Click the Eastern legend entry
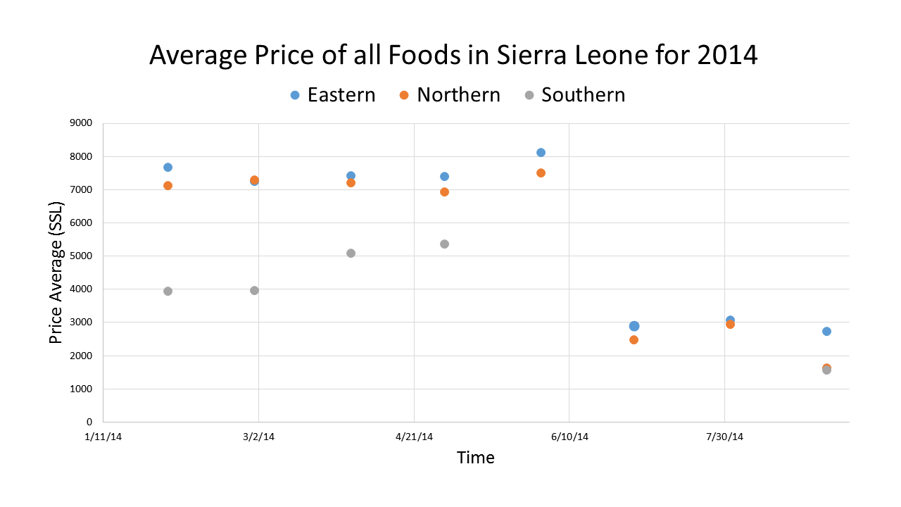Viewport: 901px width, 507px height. pyautogui.click(x=333, y=95)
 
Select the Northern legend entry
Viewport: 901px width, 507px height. pyautogui.click(x=449, y=95)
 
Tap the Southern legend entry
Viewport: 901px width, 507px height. pyautogui.click(x=574, y=95)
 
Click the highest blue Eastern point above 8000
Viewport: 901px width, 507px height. pyautogui.click(x=541, y=152)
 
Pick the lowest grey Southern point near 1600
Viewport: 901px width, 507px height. pyautogui.click(x=826, y=370)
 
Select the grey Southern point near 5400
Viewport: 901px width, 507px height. pyautogui.click(x=444, y=244)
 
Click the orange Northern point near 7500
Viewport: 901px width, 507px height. pyautogui.click(x=541, y=173)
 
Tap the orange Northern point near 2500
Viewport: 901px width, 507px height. pyautogui.click(x=634, y=339)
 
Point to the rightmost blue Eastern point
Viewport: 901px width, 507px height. pyautogui.click(x=826, y=331)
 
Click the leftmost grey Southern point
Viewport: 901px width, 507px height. pyautogui.click(x=168, y=291)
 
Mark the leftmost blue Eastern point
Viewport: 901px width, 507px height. pyautogui.click(x=168, y=167)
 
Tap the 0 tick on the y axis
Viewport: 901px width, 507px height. pyautogui.click(x=89, y=422)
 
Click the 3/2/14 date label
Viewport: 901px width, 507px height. pyautogui.click(x=258, y=437)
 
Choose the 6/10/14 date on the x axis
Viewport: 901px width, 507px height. pyautogui.click(x=569, y=437)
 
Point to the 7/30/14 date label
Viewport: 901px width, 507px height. pyautogui.click(x=725, y=437)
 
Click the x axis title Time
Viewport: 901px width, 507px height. pyautogui.click(x=475, y=458)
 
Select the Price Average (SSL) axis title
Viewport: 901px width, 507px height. pyautogui.click(x=56, y=273)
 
